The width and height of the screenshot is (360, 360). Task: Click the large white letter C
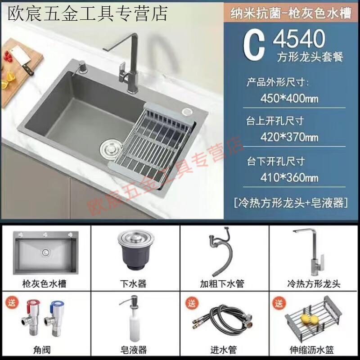click(x=254, y=45)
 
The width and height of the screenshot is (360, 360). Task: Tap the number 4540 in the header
click(x=299, y=40)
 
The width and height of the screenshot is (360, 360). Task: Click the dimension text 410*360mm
click(x=289, y=177)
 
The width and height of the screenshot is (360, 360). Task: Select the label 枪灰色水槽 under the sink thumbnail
click(x=45, y=284)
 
